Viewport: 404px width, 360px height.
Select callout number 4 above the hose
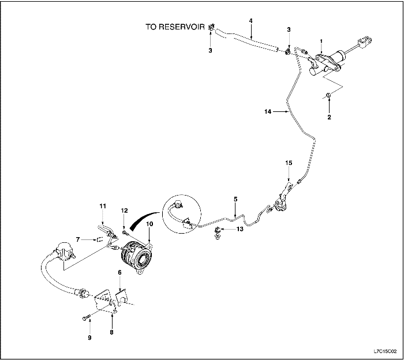251,21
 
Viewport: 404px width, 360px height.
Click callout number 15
289,163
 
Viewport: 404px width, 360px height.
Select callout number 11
103,205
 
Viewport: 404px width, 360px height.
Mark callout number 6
119,272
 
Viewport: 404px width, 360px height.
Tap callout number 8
112,332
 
